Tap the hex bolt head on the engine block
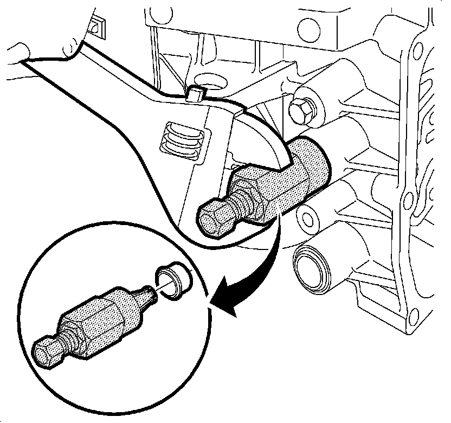coord(299,111)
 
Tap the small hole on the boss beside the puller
coord(308,220)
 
